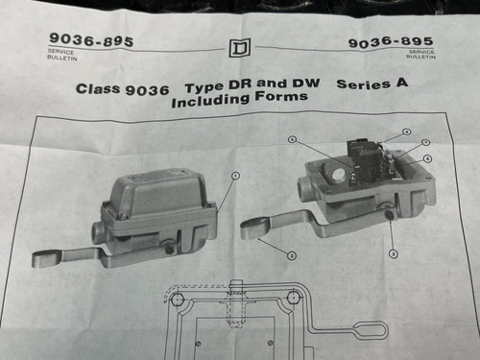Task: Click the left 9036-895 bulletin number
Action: pos(91,41)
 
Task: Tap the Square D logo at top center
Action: pos(239,48)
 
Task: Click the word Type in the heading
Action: pos(203,86)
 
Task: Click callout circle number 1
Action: pos(235,176)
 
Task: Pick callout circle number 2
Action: pos(291,251)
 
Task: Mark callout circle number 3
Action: pos(393,252)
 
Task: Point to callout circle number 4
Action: pos(406,132)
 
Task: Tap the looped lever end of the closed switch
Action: pos(47,258)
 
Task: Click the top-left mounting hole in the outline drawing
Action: pos(177,300)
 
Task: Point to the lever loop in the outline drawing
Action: pos(369,331)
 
